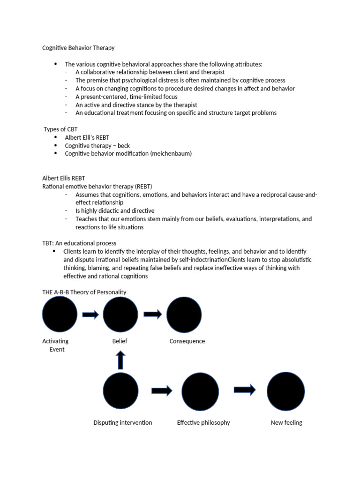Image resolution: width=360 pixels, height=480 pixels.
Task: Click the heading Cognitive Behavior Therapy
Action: tap(78, 48)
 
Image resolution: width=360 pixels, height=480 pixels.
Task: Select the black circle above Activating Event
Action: tap(60, 315)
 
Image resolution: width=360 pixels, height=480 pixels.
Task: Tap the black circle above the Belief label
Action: tap(120, 315)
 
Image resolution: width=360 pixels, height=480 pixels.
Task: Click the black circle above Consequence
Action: tap(184, 315)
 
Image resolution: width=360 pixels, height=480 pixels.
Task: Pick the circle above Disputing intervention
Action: tap(120, 391)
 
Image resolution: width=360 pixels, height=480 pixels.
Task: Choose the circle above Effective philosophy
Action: tap(200, 391)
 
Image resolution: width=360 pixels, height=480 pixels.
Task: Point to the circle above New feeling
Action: tap(285, 391)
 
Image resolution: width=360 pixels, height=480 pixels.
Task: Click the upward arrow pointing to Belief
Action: tap(120, 360)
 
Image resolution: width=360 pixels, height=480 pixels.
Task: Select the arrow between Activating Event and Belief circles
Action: tap(90, 315)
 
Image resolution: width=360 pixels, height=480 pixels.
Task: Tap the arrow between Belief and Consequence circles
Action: tap(152, 315)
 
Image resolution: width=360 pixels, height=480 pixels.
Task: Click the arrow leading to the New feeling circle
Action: tap(244, 390)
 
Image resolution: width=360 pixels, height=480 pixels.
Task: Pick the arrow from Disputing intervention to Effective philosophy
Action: tap(162, 390)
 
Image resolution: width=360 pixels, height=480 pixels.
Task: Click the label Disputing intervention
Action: tap(123, 422)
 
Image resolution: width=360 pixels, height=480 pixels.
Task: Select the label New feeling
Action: tap(286, 422)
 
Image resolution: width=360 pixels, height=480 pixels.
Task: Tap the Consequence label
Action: tap(187, 341)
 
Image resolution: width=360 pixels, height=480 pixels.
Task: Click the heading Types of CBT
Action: tap(60, 129)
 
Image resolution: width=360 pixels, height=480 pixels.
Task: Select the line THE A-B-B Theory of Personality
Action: tap(84, 292)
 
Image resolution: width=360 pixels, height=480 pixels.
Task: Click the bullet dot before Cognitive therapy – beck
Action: tap(55, 145)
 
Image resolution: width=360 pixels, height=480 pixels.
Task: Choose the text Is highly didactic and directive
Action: tap(115, 210)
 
